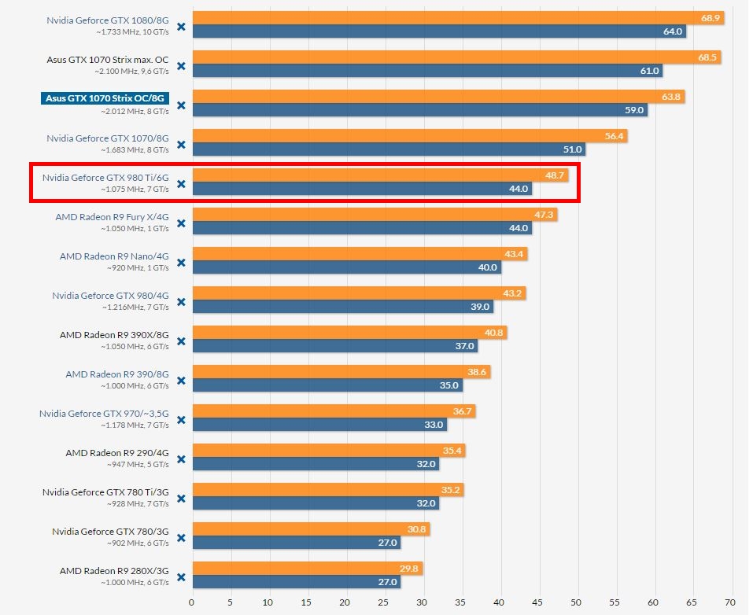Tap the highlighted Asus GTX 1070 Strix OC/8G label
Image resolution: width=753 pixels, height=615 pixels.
105,98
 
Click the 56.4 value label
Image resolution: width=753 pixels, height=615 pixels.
614,136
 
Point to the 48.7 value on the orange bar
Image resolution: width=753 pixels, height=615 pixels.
556,175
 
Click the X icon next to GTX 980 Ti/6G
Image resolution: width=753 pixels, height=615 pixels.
181,184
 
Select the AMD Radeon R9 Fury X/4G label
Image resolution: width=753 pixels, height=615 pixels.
112,216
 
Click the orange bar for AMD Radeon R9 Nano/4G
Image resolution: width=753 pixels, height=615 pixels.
346,254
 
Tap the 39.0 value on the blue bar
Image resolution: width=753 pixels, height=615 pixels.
480,307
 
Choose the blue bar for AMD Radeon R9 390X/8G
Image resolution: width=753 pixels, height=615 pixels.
330,346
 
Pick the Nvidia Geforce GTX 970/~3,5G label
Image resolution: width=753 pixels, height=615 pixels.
104,413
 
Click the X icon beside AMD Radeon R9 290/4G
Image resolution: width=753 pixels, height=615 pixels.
181,459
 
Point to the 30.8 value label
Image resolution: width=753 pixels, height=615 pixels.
418,529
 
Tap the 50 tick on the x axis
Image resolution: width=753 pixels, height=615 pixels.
578,602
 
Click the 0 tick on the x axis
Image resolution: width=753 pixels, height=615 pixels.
192,602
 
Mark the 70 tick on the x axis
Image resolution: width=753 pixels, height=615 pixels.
733,602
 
